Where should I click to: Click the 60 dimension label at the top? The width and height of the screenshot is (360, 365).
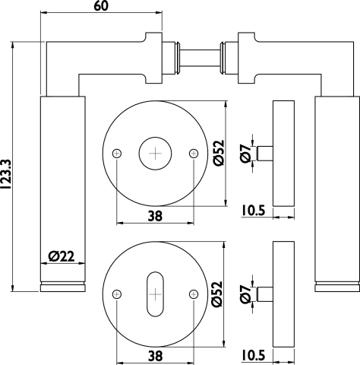coord(101,6)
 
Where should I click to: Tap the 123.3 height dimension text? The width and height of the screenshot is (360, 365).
coord(5,174)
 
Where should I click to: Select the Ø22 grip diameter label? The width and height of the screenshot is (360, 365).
coord(62,256)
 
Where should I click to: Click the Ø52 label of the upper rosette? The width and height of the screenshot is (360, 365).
coord(219,153)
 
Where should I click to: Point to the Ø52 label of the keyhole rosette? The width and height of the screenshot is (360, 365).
coord(217,294)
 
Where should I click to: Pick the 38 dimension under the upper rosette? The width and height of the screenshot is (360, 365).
coord(155,216)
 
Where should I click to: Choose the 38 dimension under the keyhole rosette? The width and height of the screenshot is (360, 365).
coord(155,356)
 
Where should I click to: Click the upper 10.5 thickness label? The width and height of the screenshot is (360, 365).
coord(253,211)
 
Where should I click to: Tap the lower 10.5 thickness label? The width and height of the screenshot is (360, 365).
coord(253,355)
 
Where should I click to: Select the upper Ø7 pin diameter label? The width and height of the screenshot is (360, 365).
coord(245,153)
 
